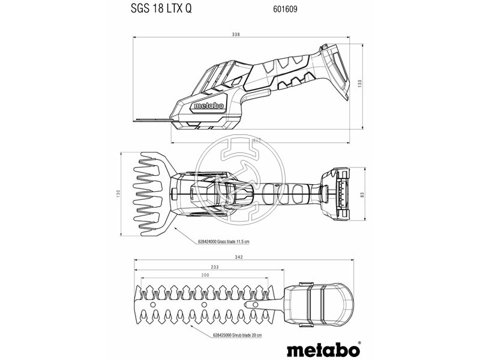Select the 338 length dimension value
236,35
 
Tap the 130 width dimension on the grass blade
118,193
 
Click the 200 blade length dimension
206,274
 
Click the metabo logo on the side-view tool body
208,106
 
